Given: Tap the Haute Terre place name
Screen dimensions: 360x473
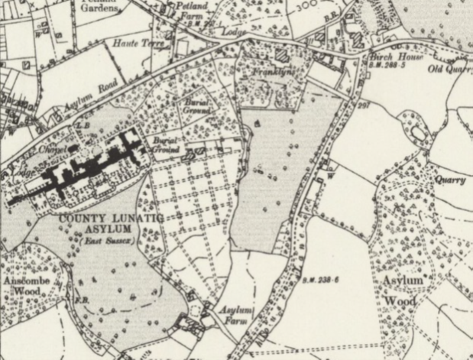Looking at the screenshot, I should tap(139, 44).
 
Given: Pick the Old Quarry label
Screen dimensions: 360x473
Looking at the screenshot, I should tap(448, 69).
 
